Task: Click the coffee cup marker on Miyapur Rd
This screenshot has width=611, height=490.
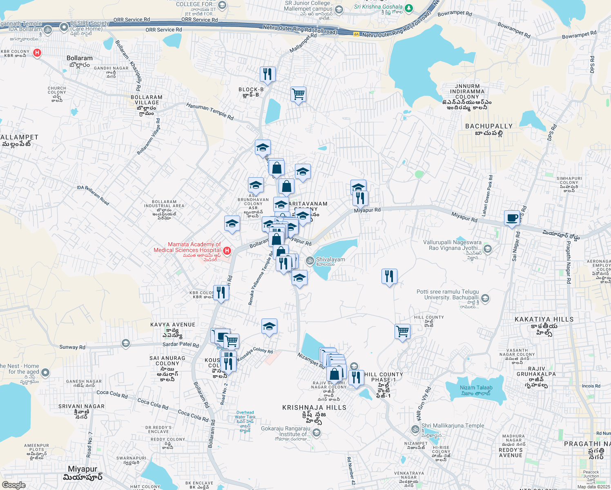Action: coord(511,218)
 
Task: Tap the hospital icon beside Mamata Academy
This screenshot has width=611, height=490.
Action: coord(227,250)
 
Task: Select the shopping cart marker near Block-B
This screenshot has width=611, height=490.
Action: coord(298,94)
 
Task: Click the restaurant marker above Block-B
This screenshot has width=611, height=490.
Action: coord(268,74)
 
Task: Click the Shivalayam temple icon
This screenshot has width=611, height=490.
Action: coord(310,260)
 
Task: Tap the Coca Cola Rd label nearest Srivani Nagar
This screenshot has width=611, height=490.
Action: coord(112,394)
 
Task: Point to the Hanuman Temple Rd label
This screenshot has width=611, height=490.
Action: coord(210,111)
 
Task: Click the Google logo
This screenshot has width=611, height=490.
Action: coord(13,485)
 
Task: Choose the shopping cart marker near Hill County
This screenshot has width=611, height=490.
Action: coord(402,332)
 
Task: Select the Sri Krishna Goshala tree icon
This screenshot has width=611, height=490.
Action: coord(409,8)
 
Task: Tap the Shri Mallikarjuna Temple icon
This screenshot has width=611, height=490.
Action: coord(415,429)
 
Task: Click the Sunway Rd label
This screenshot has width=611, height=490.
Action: coord(72,347)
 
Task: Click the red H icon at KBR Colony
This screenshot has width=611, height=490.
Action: coord(37,53)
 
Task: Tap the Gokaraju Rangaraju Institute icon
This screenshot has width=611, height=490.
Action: coord(316,432)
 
